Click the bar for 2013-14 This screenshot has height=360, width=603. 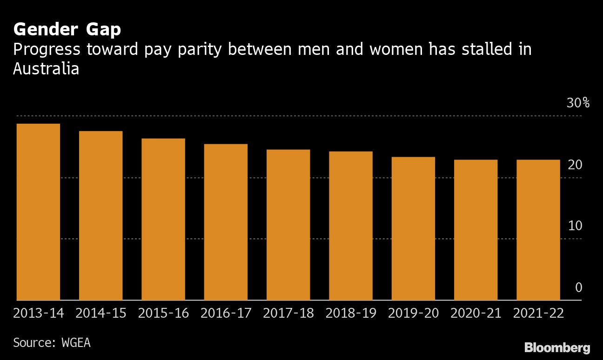click(x=38, y=212)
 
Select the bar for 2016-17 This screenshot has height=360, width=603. click(x=226, y=222)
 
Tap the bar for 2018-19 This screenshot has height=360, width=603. click(x=350, y=226)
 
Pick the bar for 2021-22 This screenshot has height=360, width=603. click(x=538, y=230)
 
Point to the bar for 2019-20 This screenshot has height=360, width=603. click(x=413, y=228)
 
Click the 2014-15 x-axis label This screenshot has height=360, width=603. click(x=100, y=313)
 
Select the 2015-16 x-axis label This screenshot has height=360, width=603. click(x=163, y=313)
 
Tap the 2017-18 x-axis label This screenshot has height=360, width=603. click(x=288, y=313)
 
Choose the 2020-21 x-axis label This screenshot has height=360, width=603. click(x=476, y=313)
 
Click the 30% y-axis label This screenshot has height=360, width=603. click(x=577, y=103)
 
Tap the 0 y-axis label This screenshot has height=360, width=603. click(x=578, y=287)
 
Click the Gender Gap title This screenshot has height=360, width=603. click(x=67, y=30)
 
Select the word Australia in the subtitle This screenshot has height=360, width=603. click(x=46, y=68)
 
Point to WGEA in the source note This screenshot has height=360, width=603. click(x=76, y=343)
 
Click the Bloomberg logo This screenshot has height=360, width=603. click(x=557, y=347)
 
